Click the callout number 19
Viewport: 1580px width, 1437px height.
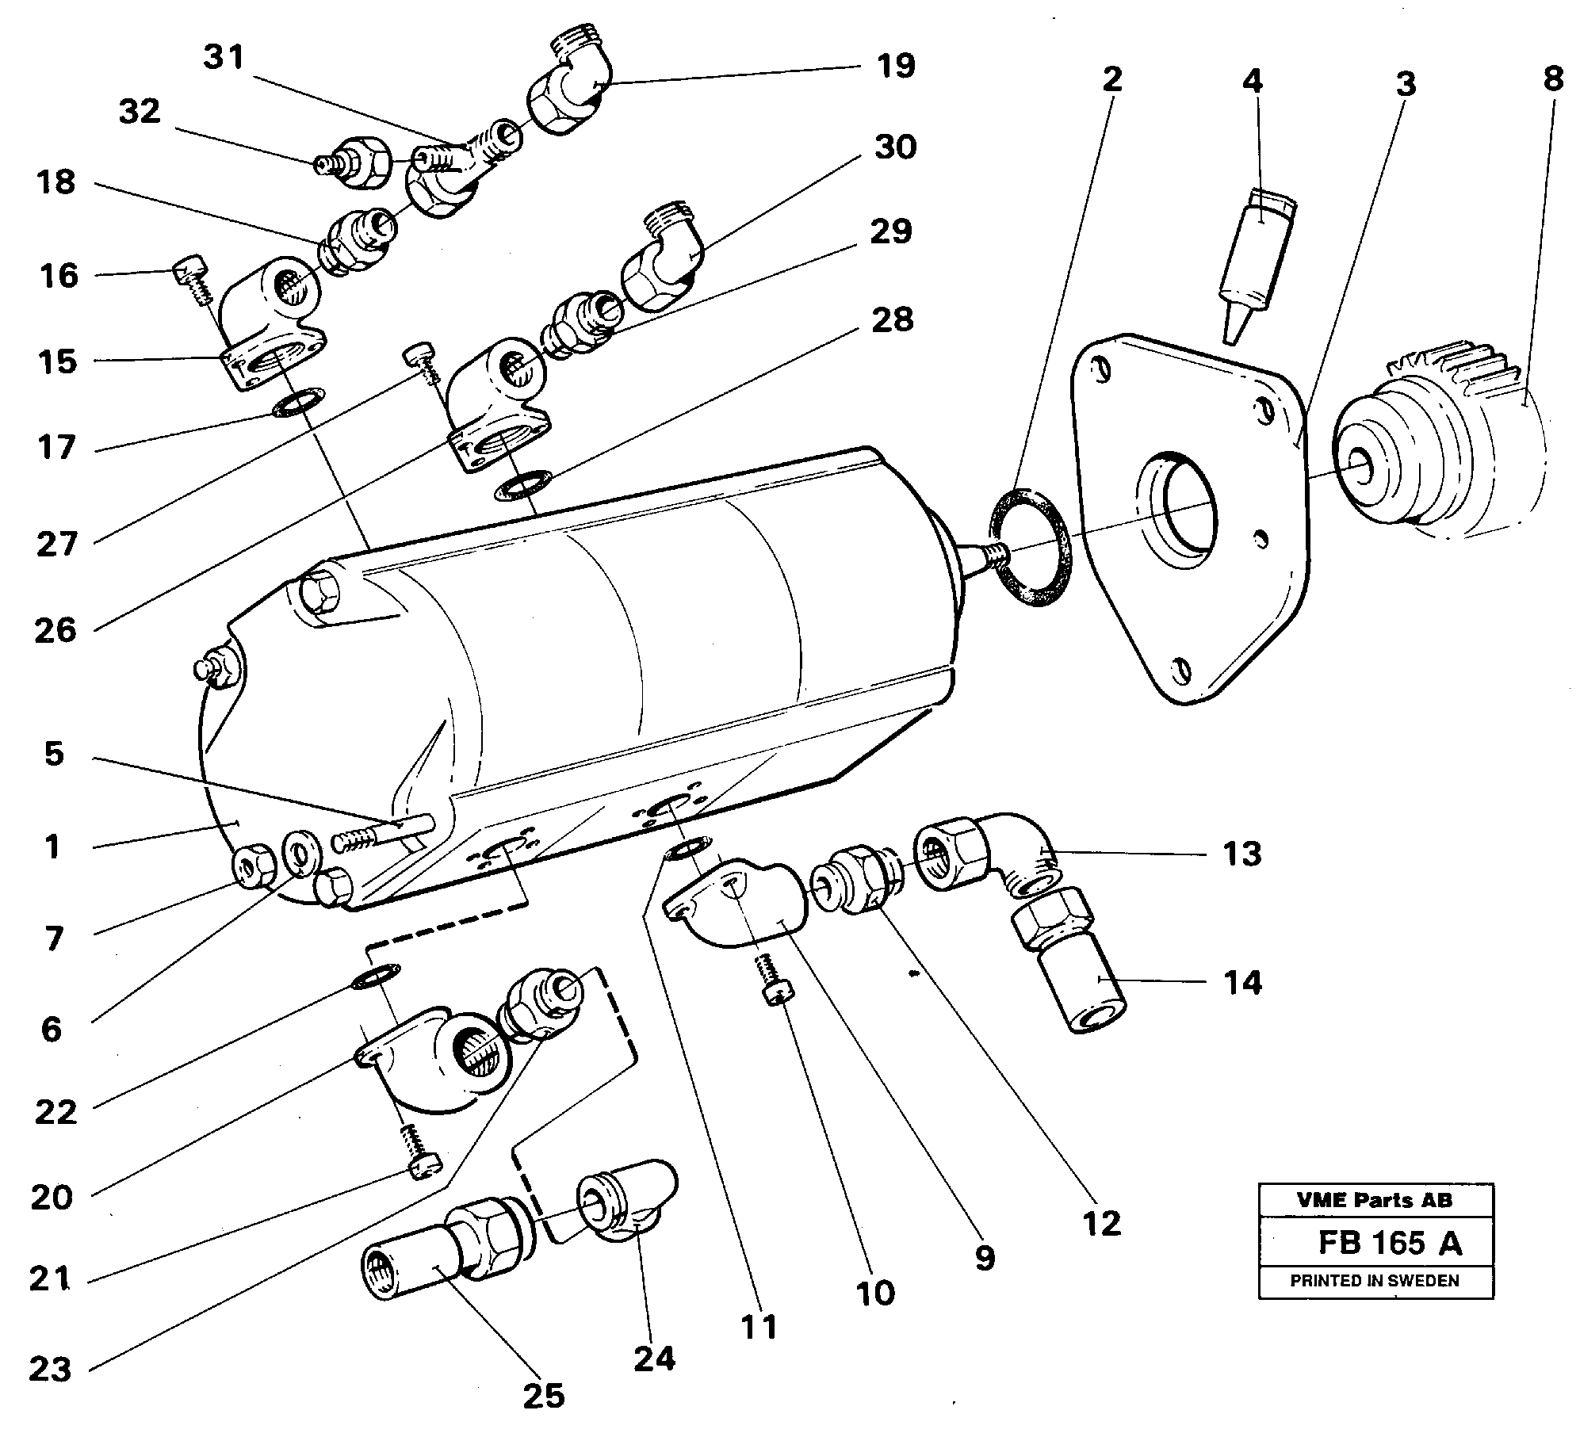pyautogui.click(x=896, y=66)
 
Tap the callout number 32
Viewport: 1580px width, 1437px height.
pyautogui.click(x=140, y=112)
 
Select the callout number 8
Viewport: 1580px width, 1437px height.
pyautogui.click(x=1552, y=78)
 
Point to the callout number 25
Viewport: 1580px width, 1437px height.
pyautogui.click(x=543, y=1395)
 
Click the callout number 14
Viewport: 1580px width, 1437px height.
pyautogui.click(x=1242, y=983)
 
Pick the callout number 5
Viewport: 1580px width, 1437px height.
pyautogui.click(x=53, y=754)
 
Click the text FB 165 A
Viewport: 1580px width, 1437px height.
pyautogui.click(x=1390, y=1243)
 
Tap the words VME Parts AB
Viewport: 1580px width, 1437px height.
pyautogui.click(x=1375, y=1200)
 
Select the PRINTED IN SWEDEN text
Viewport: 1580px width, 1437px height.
pyautogui.click(x=1375, y=1280)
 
